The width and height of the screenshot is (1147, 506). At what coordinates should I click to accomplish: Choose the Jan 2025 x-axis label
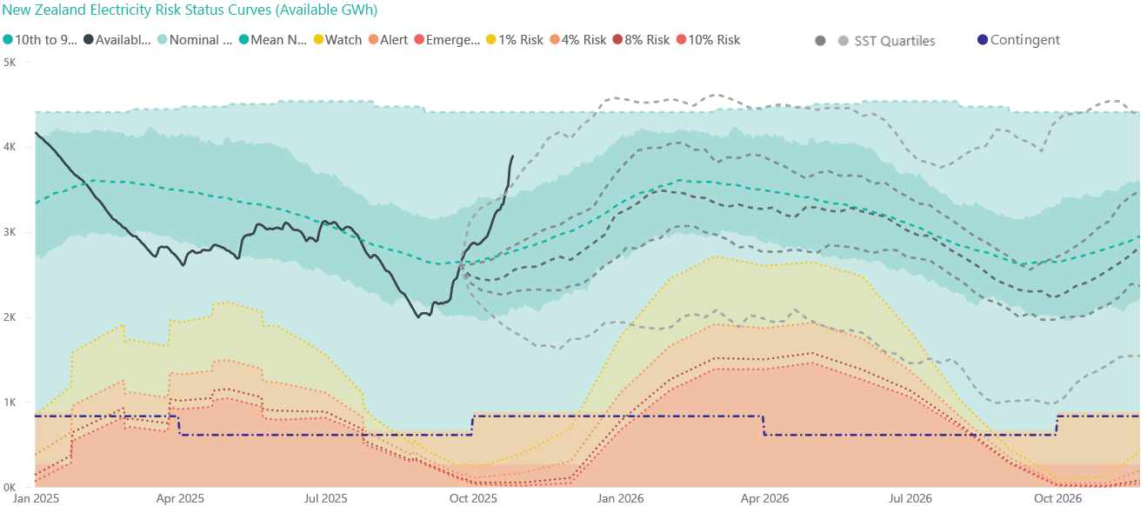click(x=36, y=499)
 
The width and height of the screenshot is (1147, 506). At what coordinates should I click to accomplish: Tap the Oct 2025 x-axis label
click(x=474, y=499)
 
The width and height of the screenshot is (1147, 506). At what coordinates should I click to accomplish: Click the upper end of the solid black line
click(x=512, y=156)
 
